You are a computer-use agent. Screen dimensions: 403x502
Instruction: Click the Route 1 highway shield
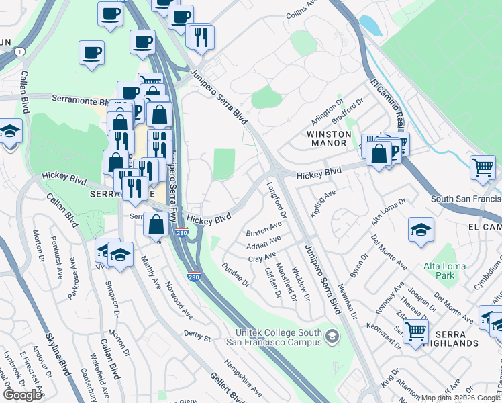tap(21, 52)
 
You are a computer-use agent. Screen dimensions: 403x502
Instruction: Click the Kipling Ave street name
tap(322, 203)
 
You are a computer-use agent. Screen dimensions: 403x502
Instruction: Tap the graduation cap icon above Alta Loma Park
tap(421, 230)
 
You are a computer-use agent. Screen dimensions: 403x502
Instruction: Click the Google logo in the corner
tap(22, 395)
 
